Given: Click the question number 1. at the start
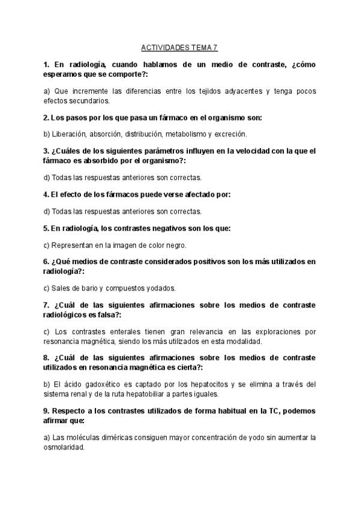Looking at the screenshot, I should click(47, 64).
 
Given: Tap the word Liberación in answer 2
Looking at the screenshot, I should click(70, 134).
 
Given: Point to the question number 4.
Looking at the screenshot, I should click(46, 194).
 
